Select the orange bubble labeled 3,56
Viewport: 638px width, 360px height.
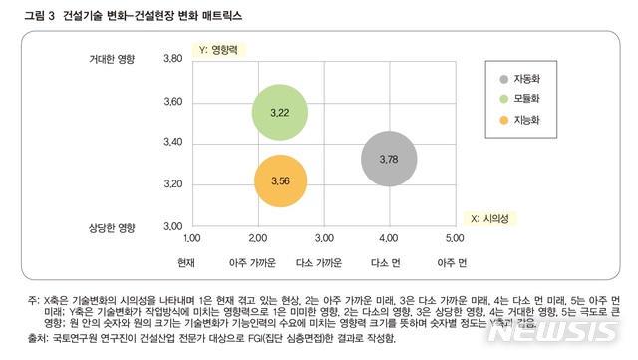pyautogui.click(x=279, y=180)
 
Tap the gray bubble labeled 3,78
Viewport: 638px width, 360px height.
pyautogui.click(x=389, y=158)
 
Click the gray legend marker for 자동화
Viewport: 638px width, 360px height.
pyautogui.click(x=504, y=79)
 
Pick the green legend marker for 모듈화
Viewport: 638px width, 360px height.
pyautogui.click(x=504, y=99)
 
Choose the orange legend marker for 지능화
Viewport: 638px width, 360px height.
pyautogui.click(x=504, y=119)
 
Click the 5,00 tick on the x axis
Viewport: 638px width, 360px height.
pyautogui.click(x=455, y=239)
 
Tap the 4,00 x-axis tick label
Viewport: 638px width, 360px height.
pyautogui.click(x=389, y=239)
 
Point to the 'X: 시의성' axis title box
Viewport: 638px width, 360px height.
pyautogui.click(x=489, y=216)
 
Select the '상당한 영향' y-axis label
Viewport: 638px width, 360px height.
pyautogui.click(x=112, y=227)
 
